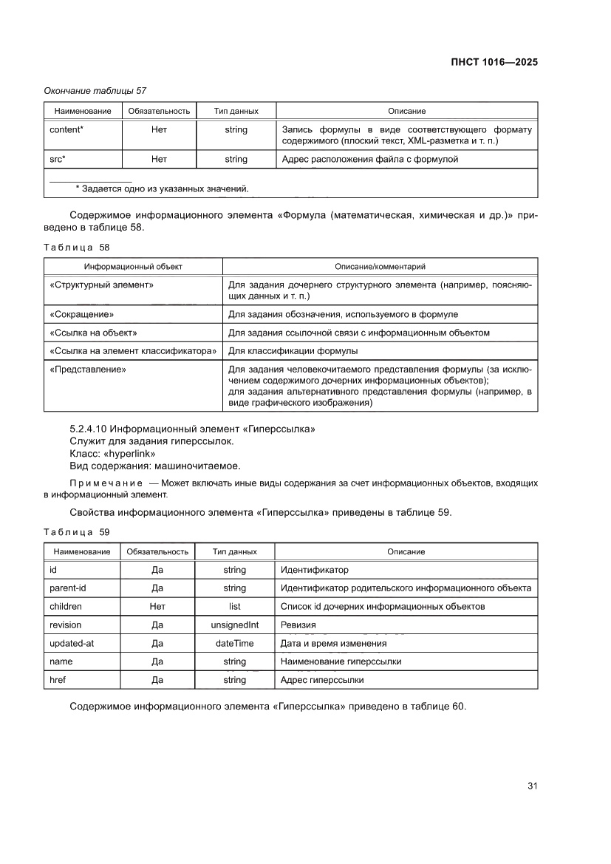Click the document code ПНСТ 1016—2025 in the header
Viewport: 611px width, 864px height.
point(493,62)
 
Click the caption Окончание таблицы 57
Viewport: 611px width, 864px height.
point(95,91)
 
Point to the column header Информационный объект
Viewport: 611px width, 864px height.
point(133,266)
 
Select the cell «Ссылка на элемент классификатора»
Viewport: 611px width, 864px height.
point(133,350)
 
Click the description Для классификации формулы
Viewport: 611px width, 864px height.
point(293,350)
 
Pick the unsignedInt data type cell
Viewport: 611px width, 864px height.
point(234,625)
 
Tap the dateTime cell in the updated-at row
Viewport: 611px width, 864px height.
point(234,643)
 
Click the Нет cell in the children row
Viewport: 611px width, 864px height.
point(157,606)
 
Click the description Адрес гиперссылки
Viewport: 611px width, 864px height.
point(322,679)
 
